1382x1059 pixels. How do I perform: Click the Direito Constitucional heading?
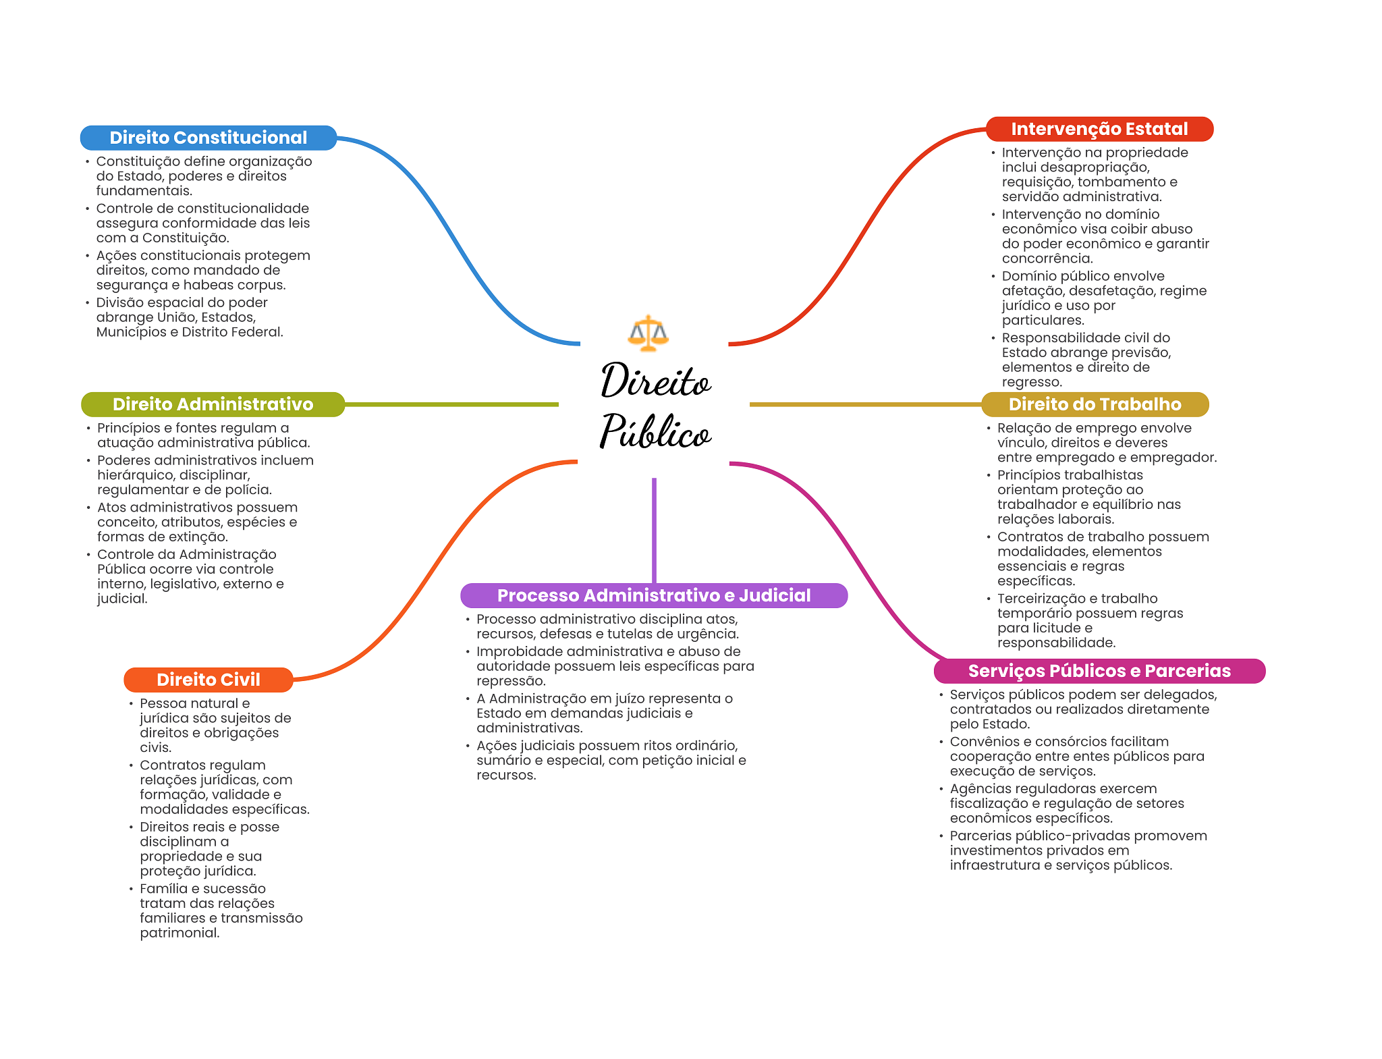point(208,138)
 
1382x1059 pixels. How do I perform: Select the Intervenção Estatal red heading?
point(1099,129)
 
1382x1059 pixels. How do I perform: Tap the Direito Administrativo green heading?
point(213,404)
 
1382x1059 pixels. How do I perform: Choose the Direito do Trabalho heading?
point(1095,404)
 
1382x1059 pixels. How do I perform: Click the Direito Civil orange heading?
point(208,680)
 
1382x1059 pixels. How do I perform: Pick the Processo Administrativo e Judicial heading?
point(653,595)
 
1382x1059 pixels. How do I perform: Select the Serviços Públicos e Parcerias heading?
point(1099,671)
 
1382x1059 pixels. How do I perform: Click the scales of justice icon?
point(648,333)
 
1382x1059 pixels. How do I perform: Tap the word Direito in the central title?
point(655,381)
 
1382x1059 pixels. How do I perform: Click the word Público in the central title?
point(655,432)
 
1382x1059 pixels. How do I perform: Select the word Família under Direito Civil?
point(161,889)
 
